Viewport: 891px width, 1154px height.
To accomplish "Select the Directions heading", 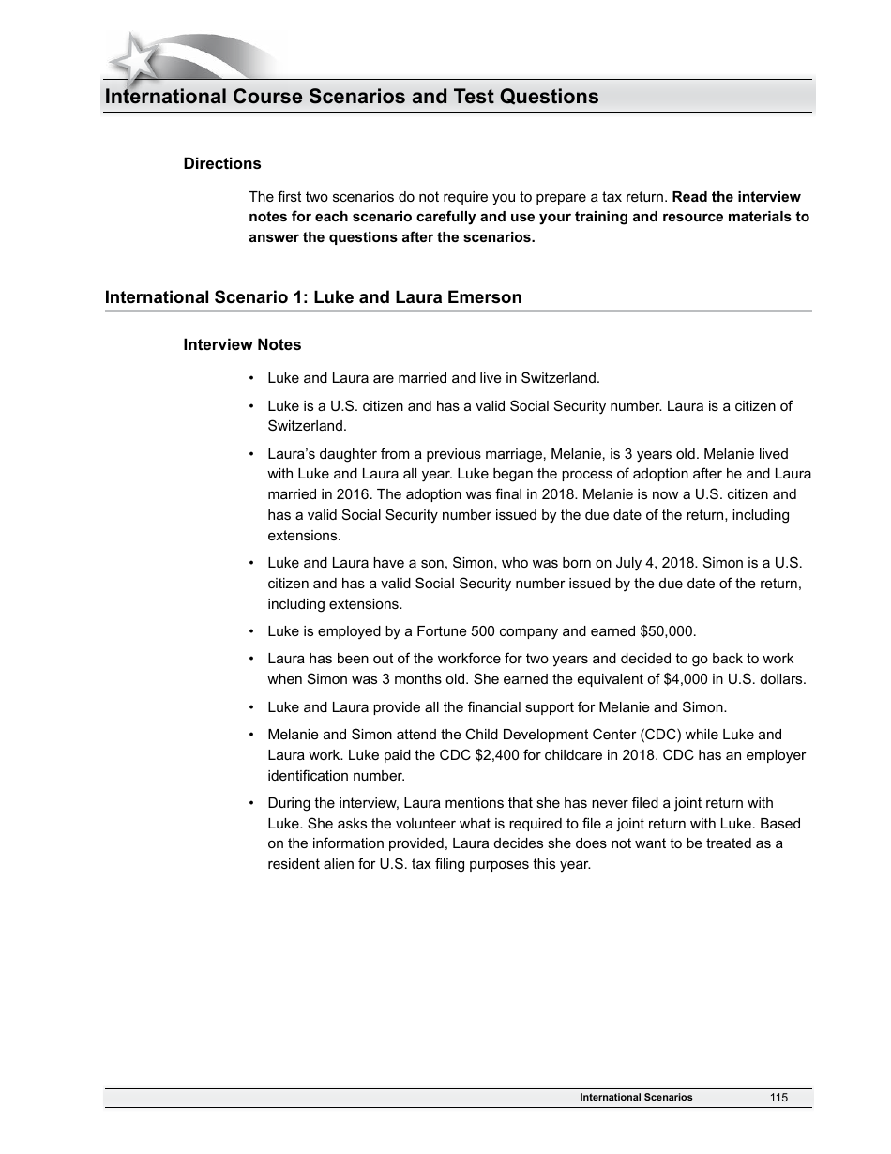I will click(222, 164).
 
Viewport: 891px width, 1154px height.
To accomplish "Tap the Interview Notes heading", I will click(242, 345).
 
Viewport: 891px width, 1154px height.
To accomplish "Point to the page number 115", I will click(778, 1098).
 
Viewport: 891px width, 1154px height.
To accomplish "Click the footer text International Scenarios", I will click(636, 1098).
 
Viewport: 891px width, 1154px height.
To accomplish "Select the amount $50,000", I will click(667, 631).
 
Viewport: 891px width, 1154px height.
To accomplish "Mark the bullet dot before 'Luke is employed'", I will click(251, 631).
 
